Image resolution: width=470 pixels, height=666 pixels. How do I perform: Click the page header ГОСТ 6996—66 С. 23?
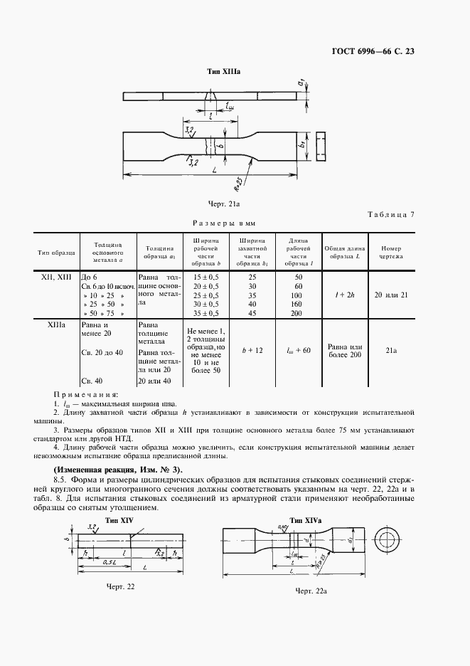click(390, 51)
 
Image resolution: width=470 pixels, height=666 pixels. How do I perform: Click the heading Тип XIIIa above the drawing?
click(223, 73)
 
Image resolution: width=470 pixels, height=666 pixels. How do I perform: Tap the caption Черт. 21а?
click(223, 204)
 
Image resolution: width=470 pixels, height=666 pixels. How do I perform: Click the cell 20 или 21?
click(391, 294)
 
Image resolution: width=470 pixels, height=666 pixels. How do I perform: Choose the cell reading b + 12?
click(253, 350)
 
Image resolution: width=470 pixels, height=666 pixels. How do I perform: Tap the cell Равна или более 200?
click(343, 350)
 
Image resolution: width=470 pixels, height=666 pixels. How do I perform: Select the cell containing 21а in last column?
click(391, 350)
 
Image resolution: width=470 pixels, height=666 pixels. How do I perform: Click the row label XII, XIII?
click(53, 275)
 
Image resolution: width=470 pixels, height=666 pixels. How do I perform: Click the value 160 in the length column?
click(298, 304)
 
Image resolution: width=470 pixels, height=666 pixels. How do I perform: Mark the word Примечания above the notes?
click(85, 393)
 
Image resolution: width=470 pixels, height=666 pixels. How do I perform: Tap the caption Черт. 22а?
click(313, 590)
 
